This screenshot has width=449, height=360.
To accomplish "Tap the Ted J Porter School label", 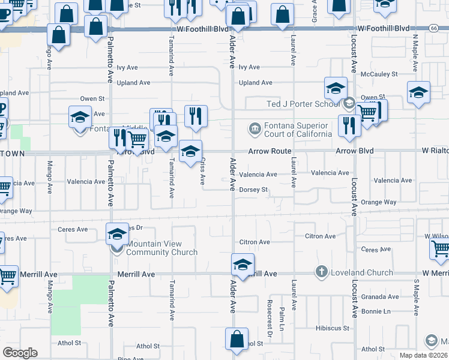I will (x=303, y=104).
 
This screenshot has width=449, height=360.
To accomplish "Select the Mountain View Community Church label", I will (x=161, y=248).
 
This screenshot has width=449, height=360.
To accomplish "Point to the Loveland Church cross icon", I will (x=322, y=272).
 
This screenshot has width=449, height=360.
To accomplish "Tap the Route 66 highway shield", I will (x=433, y=28).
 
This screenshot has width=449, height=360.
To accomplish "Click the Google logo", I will (x=20, y=353).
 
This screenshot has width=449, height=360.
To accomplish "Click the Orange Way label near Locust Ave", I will (x=379, y=202).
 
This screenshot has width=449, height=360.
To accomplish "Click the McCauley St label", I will (x=379, y=74).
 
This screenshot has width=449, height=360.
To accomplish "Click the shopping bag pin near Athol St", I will (x=237, y=339).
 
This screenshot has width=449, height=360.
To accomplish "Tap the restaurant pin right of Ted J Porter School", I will (x=346, y=125).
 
